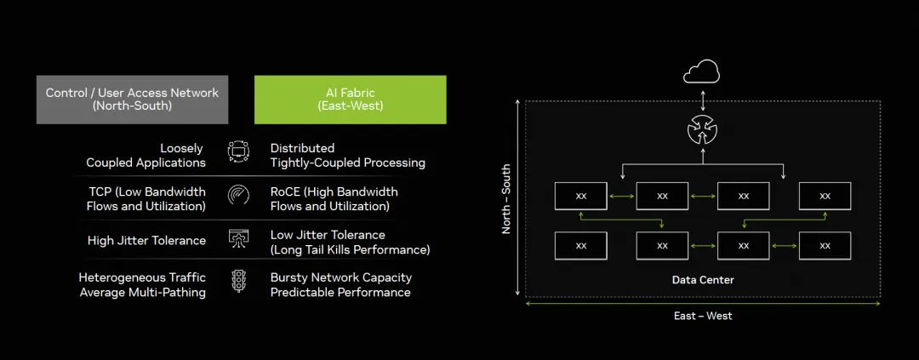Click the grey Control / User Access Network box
[132, 100]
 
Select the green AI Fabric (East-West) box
[350, 100]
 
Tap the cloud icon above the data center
[701, 73]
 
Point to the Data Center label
[702, 280]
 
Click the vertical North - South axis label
[507, 199]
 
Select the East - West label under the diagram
[702, 316]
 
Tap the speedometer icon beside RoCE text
[238, 195]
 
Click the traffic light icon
[238, 281]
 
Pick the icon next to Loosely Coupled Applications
[238, 152]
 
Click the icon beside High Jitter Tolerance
[238, 239]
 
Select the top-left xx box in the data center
[580, 196]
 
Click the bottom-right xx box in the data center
[825, 246]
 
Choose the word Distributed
[302, 148]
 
